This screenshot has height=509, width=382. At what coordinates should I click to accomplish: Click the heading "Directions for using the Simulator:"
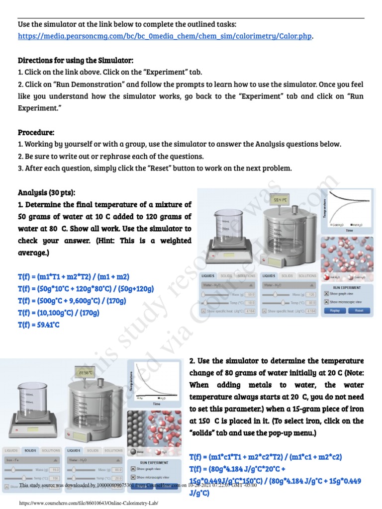[76, 61]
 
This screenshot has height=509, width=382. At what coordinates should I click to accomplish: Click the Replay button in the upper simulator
[335, 310]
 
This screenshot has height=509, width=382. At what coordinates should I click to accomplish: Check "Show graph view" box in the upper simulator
[326, 294]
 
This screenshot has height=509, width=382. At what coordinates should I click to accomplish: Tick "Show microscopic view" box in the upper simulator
[326, 302]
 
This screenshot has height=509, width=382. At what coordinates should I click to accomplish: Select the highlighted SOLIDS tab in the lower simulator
[30, 450]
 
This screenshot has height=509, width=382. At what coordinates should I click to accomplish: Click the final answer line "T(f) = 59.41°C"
[39, 325]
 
